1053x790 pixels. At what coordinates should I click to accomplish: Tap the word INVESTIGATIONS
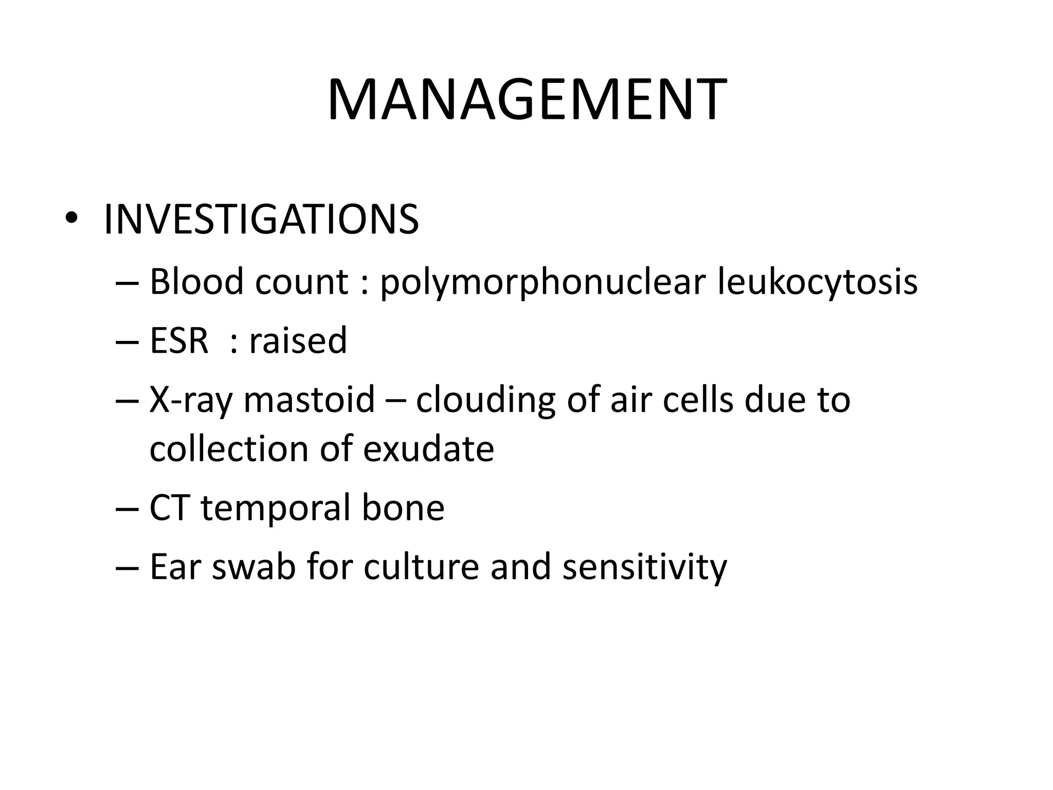click(x=261, y=220)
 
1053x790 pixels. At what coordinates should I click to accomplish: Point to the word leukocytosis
click(x=818, y=283)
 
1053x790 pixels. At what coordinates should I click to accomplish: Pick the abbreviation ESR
click(x=179, y=340)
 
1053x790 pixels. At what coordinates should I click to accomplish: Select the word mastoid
click(x=309, y=399)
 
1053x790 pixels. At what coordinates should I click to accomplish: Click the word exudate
click(x=428, y=448)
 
